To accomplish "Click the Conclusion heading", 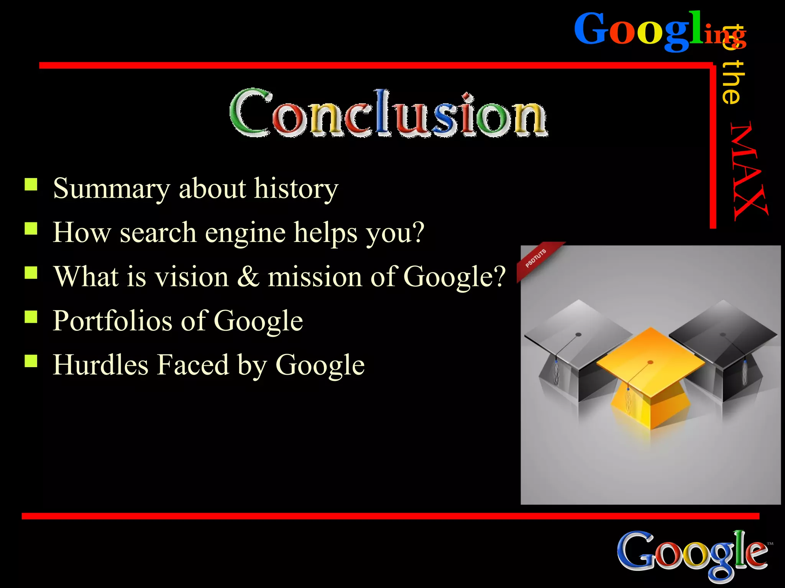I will (388, 114).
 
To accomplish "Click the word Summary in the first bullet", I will (111, 189).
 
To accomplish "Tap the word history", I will (296, 189).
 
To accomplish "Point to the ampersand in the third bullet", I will (248, 276).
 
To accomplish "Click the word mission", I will (314, 276).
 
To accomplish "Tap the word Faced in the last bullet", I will (193, 364).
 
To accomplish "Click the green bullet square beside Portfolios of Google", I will (31, 317).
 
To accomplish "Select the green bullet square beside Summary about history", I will (31, 185).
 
